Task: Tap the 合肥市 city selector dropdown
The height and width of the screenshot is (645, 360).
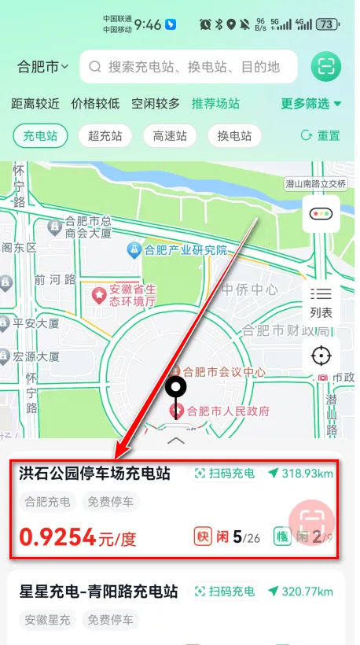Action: click(43, 67)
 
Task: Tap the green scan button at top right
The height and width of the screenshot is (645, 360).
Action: click(325, 67)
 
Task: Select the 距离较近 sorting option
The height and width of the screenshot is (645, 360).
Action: click(35, 103)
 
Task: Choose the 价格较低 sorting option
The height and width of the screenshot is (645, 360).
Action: click(95, 103)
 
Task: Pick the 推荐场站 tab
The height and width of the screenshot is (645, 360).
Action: click(215, 103)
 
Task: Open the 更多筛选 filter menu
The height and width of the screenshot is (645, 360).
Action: click(311, 103)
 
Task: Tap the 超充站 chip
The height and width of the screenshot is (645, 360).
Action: click(105, 135)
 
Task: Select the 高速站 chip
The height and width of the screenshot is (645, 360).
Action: click(170, 135)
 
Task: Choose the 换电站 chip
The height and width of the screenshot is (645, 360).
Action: click(234, 135)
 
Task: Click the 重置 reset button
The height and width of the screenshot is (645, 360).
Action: click(321, 135)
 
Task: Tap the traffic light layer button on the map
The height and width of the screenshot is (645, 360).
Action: click(321, 214)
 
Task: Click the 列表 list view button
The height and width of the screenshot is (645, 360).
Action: click(321, 302)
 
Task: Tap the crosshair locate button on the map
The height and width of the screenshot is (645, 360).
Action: click(321, 356)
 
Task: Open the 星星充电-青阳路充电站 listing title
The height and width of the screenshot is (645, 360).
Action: click(99, 592)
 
